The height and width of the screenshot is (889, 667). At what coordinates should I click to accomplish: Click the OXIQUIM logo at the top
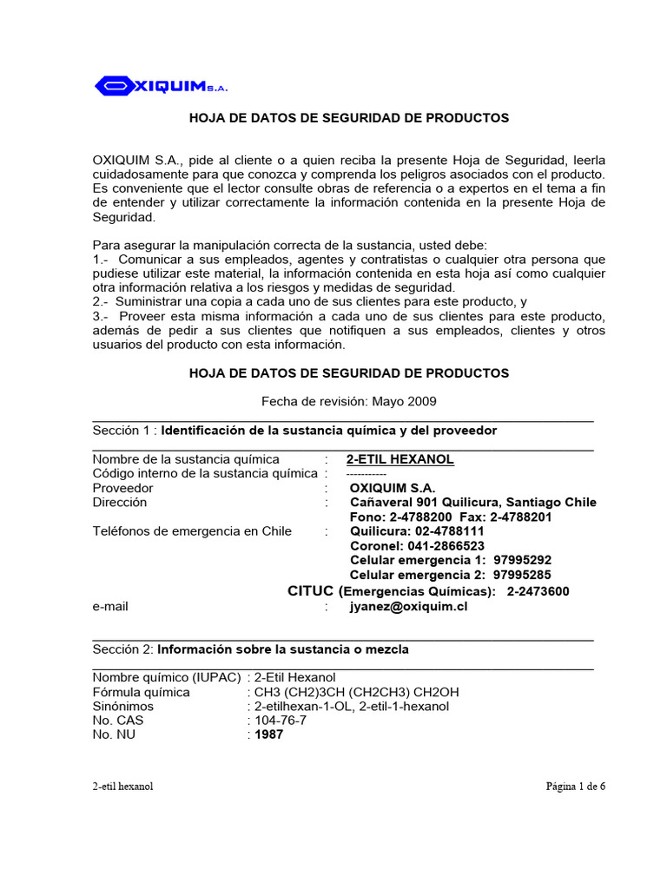[161, 86]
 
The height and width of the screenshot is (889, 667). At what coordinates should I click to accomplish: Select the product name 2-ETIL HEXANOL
[400, 459]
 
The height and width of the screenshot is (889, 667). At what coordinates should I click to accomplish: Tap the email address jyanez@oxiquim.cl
[408, 607]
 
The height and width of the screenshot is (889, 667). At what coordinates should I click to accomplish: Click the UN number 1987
[268, 734]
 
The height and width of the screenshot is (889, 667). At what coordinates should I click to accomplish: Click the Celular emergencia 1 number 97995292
[522, 561]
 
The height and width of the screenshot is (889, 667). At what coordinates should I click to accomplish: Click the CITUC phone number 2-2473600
[538, 591]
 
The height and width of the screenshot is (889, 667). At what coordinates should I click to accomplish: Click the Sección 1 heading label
[123, 431]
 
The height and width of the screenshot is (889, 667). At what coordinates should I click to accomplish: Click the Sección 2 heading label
[123, 649]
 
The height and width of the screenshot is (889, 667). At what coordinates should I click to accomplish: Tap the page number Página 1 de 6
[575, 787]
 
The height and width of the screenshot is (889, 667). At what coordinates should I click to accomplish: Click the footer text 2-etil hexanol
[123, 787]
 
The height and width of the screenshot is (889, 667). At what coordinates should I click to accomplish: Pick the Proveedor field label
[122, 488]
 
